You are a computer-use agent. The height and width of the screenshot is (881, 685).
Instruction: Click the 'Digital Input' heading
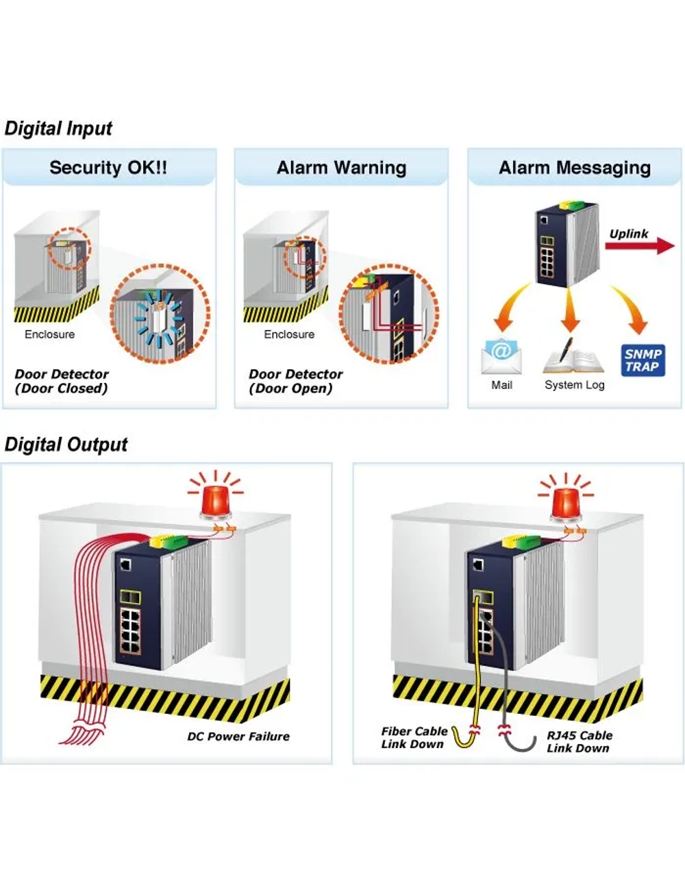[58, 129]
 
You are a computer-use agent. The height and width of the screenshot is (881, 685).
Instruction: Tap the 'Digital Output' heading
[66, 445]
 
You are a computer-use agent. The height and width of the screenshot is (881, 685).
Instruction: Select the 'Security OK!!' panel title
[108, 167]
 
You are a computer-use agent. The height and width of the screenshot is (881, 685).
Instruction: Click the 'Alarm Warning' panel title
[341, 167]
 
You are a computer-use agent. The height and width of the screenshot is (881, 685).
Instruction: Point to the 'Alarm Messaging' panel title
[575, 167]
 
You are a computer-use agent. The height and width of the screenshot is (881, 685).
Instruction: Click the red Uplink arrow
[640, 246]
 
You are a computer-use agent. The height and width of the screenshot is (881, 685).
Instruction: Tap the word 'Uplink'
[629, 234]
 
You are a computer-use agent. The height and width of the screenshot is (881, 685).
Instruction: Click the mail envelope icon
[501, 356]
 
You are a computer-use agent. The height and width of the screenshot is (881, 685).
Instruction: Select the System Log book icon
[573, 356]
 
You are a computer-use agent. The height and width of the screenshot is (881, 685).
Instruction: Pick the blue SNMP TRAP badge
[643, 360]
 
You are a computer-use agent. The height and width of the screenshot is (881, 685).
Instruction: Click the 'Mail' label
[502, 385]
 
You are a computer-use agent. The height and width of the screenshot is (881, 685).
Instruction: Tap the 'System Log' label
[574, 385]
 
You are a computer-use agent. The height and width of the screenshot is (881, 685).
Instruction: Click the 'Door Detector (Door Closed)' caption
[62, 381]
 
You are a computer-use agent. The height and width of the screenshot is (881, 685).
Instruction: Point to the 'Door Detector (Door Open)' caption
[295, 381]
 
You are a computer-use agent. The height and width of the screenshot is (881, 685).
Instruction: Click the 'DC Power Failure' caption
[238, 736]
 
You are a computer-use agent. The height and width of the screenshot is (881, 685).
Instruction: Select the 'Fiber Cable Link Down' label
[414, 737]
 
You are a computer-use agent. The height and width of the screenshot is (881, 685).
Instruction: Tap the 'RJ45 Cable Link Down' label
[580, 741]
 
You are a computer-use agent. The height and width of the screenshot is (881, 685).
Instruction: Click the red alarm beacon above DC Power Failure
[216, 495]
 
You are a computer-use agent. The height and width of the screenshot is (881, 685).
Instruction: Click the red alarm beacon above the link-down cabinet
[566, 496]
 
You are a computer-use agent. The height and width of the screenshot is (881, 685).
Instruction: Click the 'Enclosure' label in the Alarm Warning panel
[289, 334]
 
